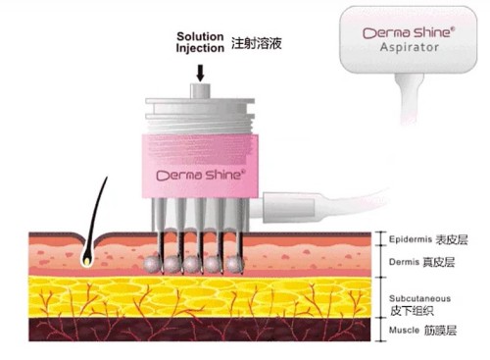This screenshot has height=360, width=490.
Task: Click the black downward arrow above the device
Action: point(200,73)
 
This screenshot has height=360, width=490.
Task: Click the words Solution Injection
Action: point(200,42)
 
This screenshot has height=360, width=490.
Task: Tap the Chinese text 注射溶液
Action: point(257,43)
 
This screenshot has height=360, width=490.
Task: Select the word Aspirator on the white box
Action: point(409,47)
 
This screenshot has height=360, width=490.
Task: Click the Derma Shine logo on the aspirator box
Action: point(409,32)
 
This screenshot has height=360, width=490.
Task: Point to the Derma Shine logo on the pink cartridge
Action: point(201,175)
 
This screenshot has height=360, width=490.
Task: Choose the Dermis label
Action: point(404,262)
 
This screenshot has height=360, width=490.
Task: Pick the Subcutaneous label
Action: point(419,298)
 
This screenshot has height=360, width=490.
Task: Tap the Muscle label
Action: point(404,330)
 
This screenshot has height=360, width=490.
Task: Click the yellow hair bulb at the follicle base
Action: point(86,261)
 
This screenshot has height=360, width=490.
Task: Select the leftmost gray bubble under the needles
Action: point(152,265)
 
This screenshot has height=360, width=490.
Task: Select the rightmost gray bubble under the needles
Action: point(235,264)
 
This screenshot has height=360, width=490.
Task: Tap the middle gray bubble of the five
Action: point(193,265)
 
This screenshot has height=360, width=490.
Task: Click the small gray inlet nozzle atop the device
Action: point(200,90)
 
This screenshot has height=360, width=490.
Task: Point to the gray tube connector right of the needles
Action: point(289,207)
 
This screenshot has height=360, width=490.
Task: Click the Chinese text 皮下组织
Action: point(412,311)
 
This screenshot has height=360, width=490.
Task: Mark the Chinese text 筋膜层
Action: point(440,331)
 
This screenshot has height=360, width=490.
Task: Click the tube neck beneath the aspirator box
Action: point(409,97)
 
